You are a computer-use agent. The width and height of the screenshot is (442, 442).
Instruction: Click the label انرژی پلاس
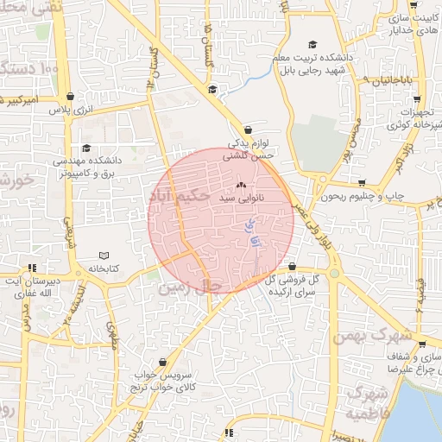[69, 110]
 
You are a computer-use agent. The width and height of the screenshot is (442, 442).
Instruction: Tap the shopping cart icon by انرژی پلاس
[69, 97]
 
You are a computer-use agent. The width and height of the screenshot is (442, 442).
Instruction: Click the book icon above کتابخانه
[104, 256]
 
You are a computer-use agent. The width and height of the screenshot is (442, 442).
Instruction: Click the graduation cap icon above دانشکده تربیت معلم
[313, 45]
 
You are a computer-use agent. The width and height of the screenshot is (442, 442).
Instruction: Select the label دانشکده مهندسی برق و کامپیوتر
[85, 167]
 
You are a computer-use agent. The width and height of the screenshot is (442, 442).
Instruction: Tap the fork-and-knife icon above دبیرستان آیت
[33, 268]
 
